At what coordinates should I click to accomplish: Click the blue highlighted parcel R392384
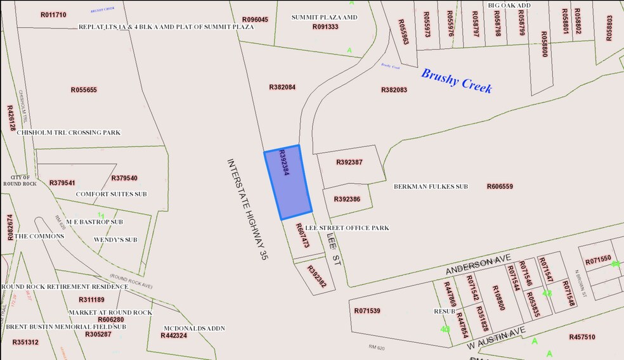[x=289, y=183]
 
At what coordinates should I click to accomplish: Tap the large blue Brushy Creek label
[x=457, y=80]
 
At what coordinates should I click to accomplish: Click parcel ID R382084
[x=283, y=87]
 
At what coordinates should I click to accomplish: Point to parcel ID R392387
[x=349, y=162]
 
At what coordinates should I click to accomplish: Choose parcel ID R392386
[x=347, y=199]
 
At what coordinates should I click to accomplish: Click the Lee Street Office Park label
[x=347, y=228]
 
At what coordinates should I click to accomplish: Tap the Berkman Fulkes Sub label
[x=431, y=187]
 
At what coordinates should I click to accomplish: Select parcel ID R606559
[x=500, y=187]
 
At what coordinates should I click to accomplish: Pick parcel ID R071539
[x=367, y=311]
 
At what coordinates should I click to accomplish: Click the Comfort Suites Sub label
[x=111, y=194]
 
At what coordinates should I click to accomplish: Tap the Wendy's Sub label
[x=115, y=240]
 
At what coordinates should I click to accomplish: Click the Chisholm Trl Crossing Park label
[x=68, y=132]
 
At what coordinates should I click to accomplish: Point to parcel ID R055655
[x=84, y=90]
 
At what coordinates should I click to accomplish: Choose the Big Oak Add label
[x=509, y=5]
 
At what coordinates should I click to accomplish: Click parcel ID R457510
[x=582, y=337]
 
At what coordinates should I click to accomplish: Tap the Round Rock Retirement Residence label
[x=65, y=286]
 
